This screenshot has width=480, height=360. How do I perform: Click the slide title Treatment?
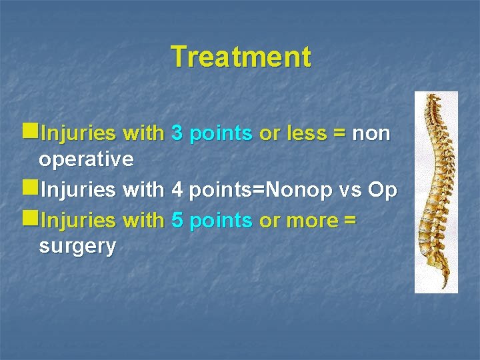click(x=241, y=57)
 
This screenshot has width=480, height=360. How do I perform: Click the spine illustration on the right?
click(x=436, y=192)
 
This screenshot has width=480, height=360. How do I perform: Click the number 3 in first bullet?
click(x=177, y=134)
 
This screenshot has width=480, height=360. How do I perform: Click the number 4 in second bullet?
click(x=177, y=191)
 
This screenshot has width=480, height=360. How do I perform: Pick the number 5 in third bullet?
click(x=177, y=220)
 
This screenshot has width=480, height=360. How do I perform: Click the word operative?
click(x=87, y=160)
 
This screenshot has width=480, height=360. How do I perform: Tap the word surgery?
click(x=77, y=246)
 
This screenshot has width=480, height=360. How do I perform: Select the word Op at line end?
click(x=383, y=191)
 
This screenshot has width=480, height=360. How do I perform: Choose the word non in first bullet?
click(x=371, y=134)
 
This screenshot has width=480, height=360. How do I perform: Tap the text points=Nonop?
click(x=259, y=191)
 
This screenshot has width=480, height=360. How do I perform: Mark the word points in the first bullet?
click(x=221, y=134)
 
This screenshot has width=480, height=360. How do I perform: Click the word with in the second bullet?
click(x=144, y=191)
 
